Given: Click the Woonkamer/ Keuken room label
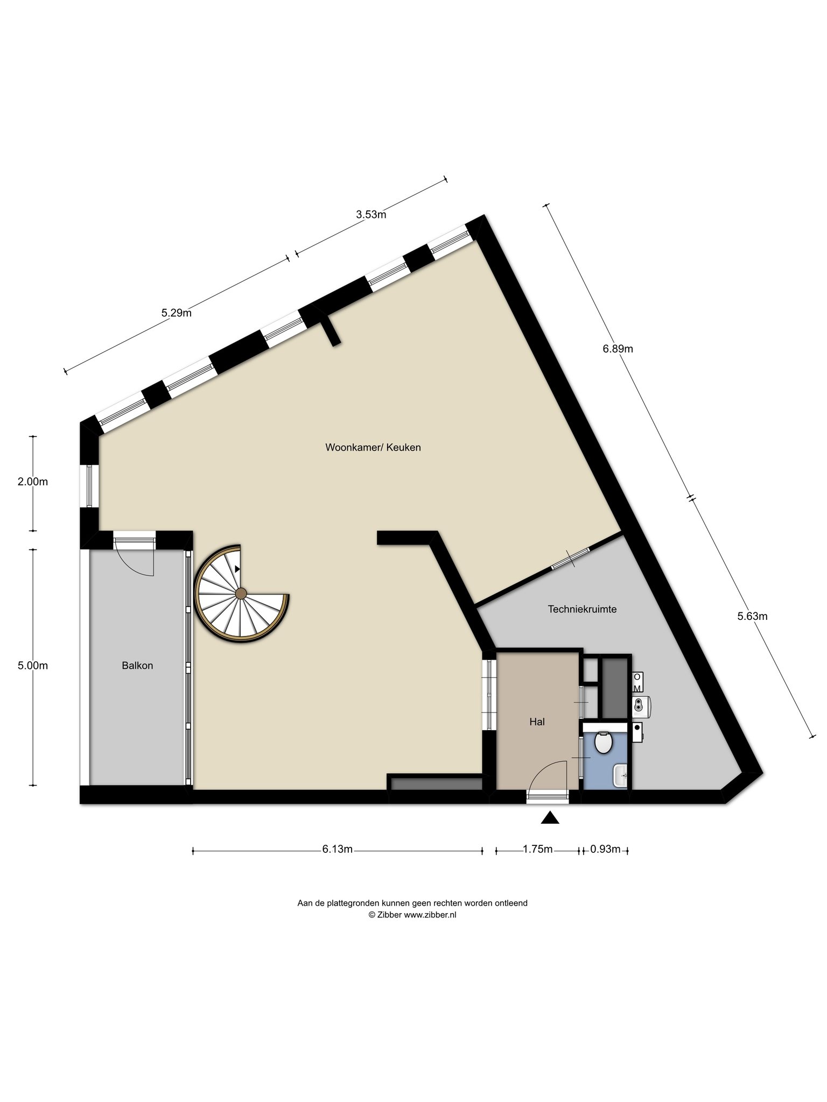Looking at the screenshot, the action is pyautogui.click(x=373, y=447).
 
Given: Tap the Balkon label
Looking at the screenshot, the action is pyautogui.click(x=137, y=666).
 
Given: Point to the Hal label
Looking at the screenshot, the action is pyautogui.click(x=537, y=722).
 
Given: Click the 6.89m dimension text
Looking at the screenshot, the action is pyautogui.click(x=618, y=349).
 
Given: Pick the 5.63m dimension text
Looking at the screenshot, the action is pyautogui.click(x=752, y=617).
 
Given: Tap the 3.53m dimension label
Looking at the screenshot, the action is pyautogui.click(x=371, y=215).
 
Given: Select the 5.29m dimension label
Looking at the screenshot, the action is pyautogui.click(x=177, y=313).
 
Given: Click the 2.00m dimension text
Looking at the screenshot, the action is pyautogui.click(x=33, y=482).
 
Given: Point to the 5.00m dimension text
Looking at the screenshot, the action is pyautogui.click(x=33, y=666).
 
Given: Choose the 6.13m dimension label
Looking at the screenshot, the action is pyautogui.click(x=338, y=850).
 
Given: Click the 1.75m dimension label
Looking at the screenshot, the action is pyautogui.click(x=537, y=850).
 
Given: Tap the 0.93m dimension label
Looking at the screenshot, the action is pyautogui.click(x=605, y=850).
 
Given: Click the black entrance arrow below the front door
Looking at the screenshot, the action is pyautogui.click(x=550, y=818).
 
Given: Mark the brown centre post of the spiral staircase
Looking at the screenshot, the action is pyautogui.click(x=241, y=594).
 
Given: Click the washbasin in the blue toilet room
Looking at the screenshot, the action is pyautogui.click(x=620, y=775).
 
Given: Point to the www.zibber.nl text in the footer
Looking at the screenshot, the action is pyautogui.click(x=430, y=915).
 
